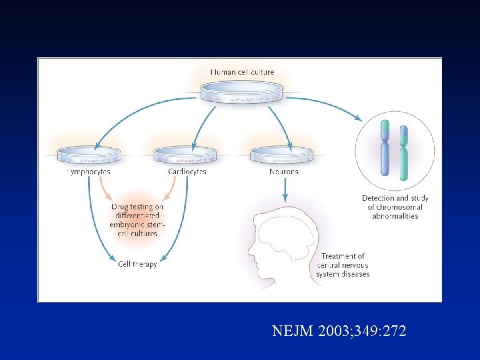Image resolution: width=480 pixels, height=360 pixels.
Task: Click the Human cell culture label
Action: coord(242,72)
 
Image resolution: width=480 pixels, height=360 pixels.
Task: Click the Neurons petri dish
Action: coord(281,155)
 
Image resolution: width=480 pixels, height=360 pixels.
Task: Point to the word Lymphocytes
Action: coord(89,172)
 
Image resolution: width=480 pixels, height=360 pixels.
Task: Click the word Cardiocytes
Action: coord(187,172)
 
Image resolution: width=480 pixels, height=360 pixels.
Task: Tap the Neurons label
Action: coord(283,172)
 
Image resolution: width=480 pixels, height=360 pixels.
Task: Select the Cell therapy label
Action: coord(137,264)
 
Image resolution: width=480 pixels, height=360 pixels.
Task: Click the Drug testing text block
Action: coord(137,220)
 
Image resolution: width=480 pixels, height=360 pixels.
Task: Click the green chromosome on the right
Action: coord(404,153)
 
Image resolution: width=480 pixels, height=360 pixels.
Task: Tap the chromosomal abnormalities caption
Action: coord(395,207)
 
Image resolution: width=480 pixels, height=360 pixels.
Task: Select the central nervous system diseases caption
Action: coord(345,265)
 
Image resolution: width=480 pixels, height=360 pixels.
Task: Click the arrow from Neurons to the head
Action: coord(285,189)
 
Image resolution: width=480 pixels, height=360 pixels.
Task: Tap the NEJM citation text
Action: coord(339,331)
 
